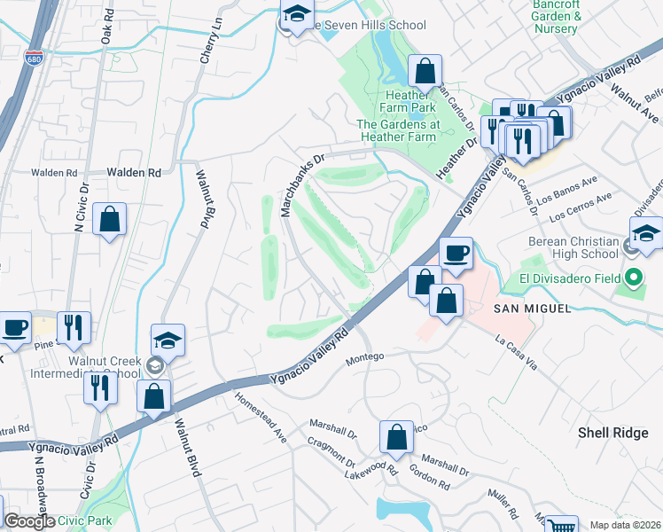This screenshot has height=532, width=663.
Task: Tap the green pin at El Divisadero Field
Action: tap(632, 278)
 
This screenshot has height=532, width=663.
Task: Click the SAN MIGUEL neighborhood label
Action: tap(528, 308)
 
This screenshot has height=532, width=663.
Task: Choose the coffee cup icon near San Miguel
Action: tap(456, 254)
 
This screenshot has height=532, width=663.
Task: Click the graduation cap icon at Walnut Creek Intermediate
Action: tap(167, 340)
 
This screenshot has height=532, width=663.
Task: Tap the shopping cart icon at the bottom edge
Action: tap(559, 525)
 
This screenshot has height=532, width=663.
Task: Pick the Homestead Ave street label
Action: tap(261, 419)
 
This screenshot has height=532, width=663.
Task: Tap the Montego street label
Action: tap(364, 356)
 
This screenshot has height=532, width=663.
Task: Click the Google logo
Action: tap(29, 521)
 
